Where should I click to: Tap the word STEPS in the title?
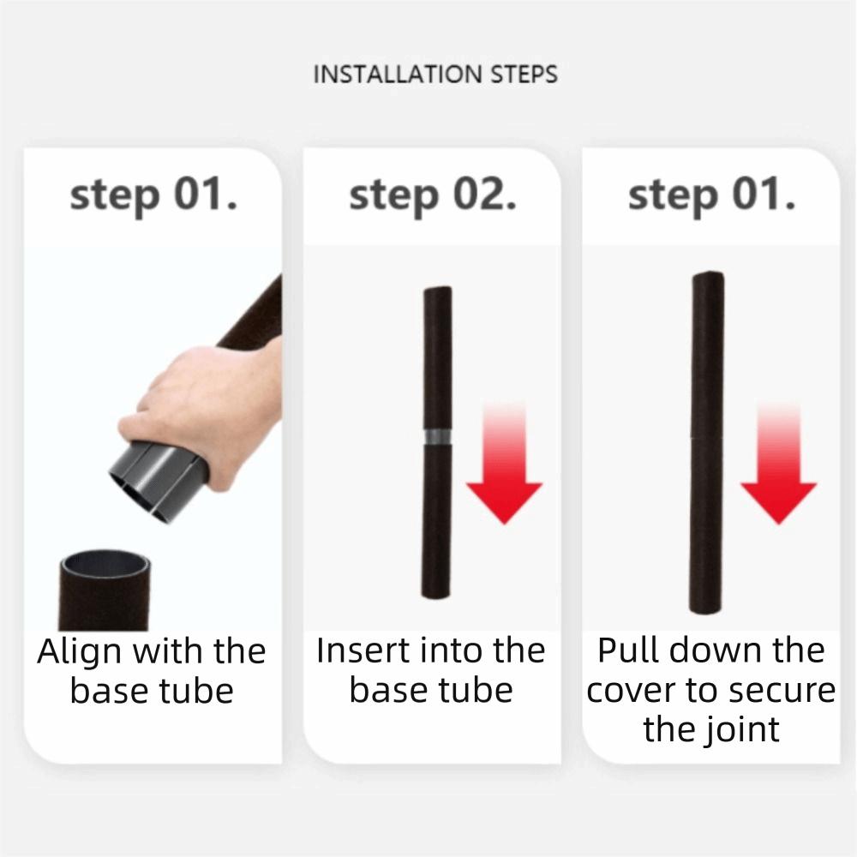[524, 75]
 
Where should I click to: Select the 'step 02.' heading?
[432, 195]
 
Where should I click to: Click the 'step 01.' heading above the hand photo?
[153, 195]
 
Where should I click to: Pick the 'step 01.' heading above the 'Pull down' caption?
[711, 195]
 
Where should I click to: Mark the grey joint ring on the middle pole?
[438, 437]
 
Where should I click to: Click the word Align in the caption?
[80, 653]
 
